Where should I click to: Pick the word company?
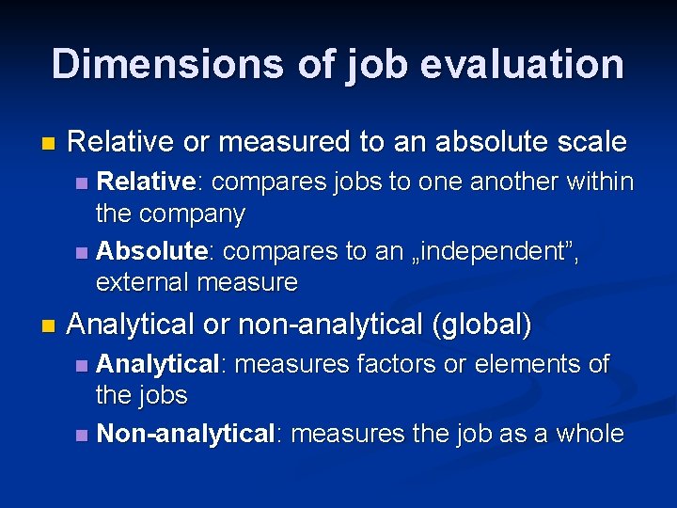click(192, 214)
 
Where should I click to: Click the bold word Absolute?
click(151, 251)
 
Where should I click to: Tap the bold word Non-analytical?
click(185, 434)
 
